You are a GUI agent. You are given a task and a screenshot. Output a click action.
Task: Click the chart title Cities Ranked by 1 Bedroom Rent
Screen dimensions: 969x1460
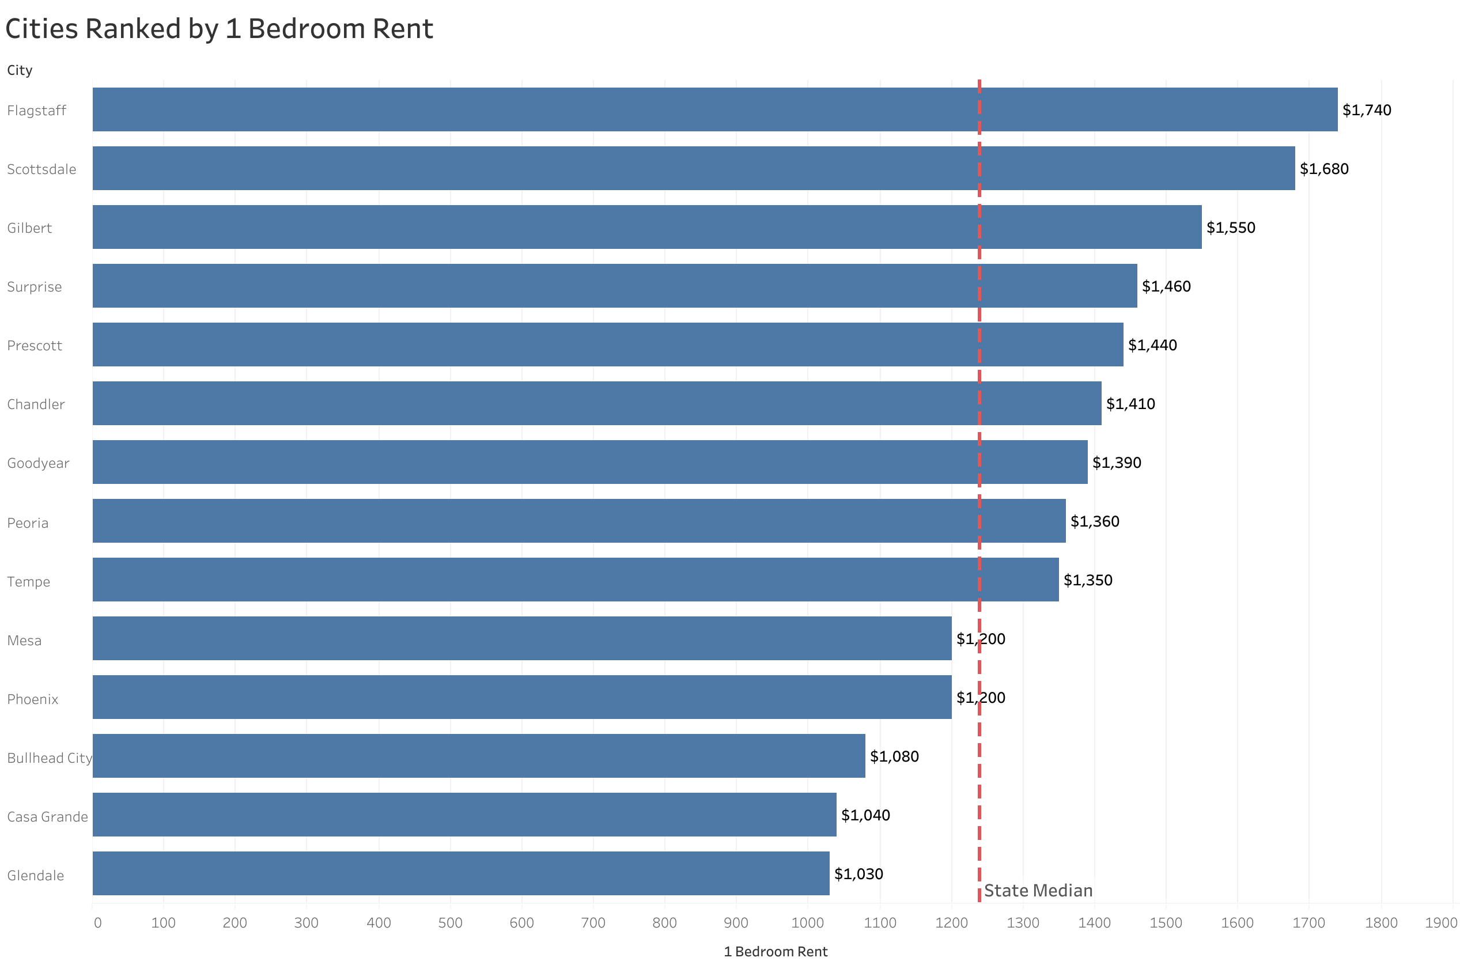(219, 29)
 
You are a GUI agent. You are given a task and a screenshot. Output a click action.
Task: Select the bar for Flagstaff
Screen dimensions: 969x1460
(714, 109)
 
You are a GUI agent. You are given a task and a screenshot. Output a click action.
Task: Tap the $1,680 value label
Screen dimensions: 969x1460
(1323, 169)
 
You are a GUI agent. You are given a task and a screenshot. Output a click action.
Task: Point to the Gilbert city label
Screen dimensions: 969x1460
(29, 228)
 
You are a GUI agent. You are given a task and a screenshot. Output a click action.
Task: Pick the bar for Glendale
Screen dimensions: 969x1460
(460, 873)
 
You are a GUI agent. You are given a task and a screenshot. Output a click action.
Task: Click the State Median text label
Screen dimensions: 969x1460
(1038, 891)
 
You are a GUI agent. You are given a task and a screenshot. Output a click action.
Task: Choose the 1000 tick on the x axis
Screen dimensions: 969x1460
(807, 923)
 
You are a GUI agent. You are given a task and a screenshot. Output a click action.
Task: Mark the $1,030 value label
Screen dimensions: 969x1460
(858, 874)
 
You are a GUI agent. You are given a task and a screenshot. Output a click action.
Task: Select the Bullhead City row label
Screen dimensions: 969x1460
(50, 758)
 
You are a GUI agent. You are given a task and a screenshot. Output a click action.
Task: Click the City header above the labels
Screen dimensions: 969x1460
(20, 70)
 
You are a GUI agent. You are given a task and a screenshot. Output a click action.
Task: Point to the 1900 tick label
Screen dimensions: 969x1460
(1440, 923)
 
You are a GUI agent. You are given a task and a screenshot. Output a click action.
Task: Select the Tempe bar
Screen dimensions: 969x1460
(574, 580)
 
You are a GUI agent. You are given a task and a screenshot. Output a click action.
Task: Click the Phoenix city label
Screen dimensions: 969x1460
(33, 699)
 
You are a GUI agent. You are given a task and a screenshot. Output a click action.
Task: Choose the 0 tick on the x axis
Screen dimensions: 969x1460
(97, 923)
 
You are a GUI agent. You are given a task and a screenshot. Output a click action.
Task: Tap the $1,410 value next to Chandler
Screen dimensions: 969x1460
(1129, 403)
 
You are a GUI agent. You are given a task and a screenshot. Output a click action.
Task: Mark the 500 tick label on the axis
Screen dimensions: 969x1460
(450, 923)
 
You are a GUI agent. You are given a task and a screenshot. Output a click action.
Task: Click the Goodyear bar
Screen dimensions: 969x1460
(589, 462)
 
